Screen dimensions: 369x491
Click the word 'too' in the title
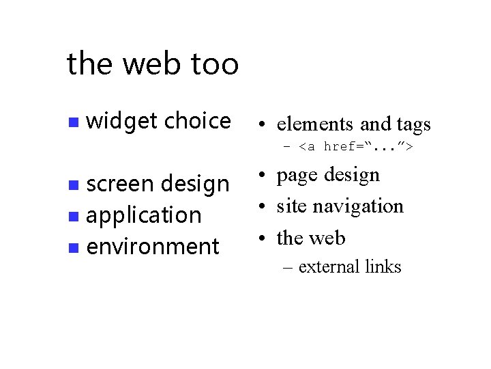[x=215, y=64]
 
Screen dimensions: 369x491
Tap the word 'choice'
[x=198, y=121]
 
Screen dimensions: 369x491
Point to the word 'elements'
[x=315, y=124]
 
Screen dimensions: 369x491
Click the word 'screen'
[x=120, y=184]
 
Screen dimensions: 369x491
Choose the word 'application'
[x=144, y=215]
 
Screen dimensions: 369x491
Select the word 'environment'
[x=153, y=246]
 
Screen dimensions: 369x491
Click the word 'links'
[x=383, y=266]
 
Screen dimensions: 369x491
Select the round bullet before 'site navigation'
[x=261, y=206]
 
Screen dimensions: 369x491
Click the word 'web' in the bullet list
[x=327, y=238]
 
